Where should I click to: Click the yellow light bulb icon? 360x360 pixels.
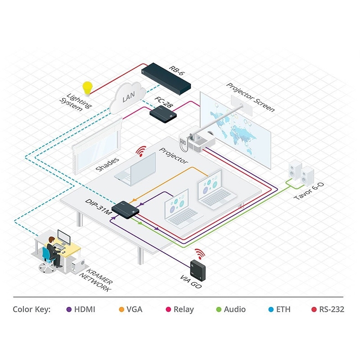pyautogui.click(x=87, y=86)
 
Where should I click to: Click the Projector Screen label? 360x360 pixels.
pyautogui.click(x=250, y=97)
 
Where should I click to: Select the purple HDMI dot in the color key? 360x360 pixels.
pyautogui.click(x=69, y=310)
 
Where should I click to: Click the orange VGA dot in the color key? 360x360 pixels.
pyautogui.click(x=121, y=310)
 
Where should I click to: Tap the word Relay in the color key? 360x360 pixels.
pyautogui.click(x=183, y=310)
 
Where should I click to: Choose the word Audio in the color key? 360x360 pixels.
pyautogui.click(x=235, y=310)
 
